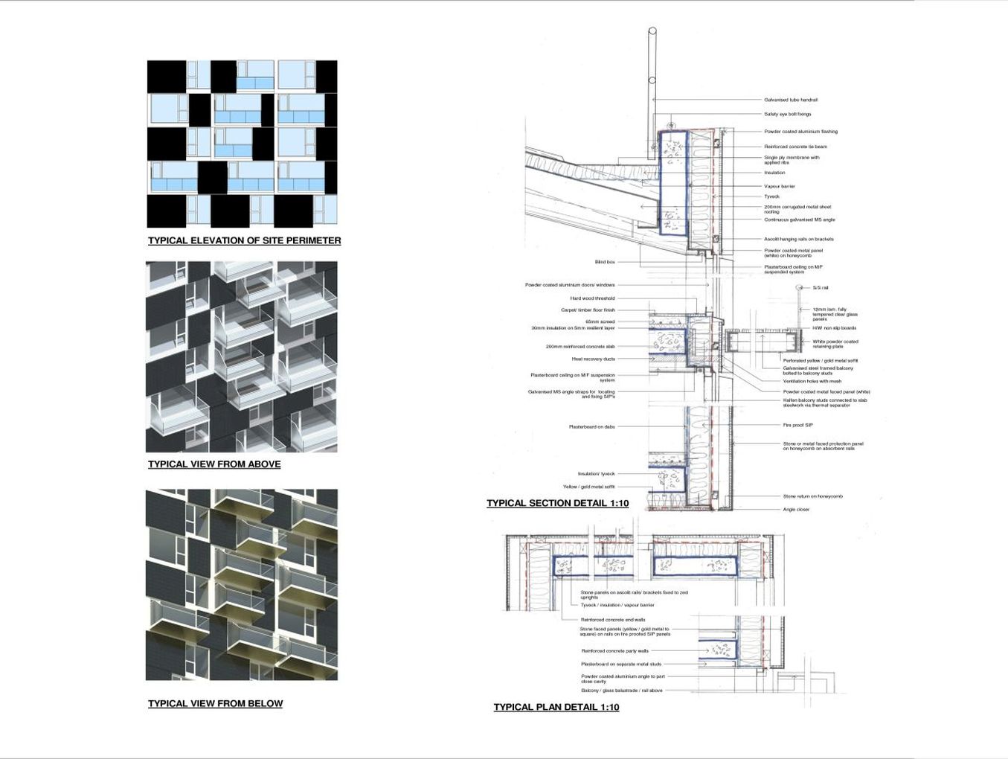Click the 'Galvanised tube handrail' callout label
tap(790, 100)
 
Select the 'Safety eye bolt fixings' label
tap(787, 115)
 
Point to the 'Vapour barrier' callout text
tap(779, 186)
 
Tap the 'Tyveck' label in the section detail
tap(771, 196)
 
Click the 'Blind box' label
tap(605, 262)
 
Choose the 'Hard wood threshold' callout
tap(592, 298)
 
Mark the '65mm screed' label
tap(600, 321)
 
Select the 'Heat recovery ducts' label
tap(593, 359)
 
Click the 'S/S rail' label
tap(820, 288)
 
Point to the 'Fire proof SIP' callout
tap(797, 425)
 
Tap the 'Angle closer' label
tap(795, 510)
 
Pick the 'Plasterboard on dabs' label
tap(591, 426)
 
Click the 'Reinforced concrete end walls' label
tap(612, 619)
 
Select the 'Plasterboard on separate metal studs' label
tap(620, 664)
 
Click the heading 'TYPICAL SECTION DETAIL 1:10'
tap(557, 503)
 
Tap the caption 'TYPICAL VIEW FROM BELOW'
tap(215, 703)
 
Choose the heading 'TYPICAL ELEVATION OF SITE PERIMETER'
tap(244, 240)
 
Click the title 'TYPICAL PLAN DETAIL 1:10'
tap(556, 707)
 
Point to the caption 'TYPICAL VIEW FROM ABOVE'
tap(214, 464)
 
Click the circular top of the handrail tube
tap(652, 31)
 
